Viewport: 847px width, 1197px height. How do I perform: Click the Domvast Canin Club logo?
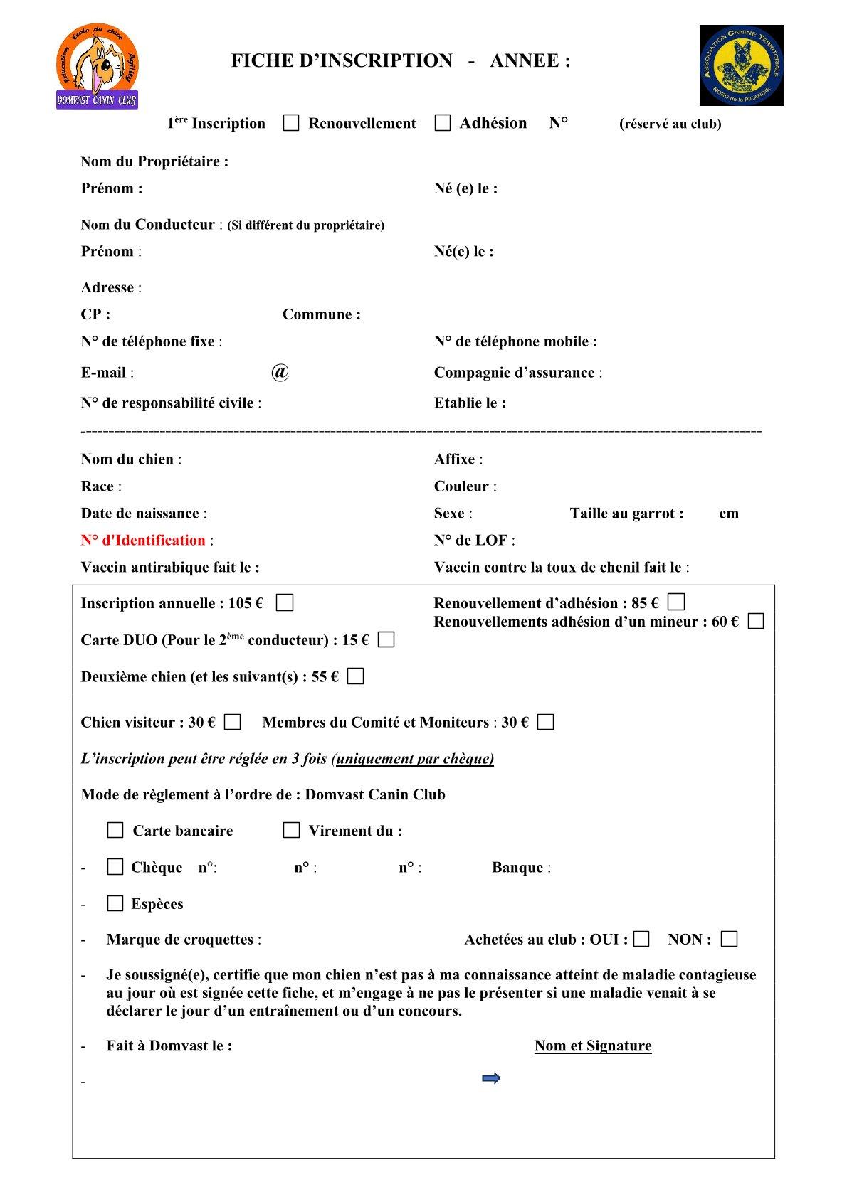pos(98,66)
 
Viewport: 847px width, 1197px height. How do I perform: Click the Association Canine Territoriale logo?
pos(741,65)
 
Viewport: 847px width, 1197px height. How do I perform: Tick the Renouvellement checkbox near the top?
pos(291,123)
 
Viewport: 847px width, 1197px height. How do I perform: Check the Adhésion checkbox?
pos(443,123)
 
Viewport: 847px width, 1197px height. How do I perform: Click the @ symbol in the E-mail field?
pos(280,372)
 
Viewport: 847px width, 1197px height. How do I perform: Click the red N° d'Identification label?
pos(143,541)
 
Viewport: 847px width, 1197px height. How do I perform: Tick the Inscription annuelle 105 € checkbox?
pos(285,603)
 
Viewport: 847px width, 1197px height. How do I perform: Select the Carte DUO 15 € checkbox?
pos(386,639)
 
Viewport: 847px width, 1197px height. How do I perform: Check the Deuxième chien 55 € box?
pos(355,676)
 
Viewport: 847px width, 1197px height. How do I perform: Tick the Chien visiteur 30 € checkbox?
pos(232,723)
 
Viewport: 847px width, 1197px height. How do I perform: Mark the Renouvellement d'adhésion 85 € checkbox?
pos(676,602)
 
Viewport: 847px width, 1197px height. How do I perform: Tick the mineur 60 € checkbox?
pos(756,621)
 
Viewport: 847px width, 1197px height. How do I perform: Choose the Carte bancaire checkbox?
pos(115,830)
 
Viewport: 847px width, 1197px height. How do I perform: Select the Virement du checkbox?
pos(291,830)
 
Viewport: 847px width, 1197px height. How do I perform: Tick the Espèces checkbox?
pos(115,903)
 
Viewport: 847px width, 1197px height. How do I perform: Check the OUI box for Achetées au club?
pos(641,939)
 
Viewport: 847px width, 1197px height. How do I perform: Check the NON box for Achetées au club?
pos(729,939)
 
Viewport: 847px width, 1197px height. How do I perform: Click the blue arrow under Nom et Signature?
pos(491,1078)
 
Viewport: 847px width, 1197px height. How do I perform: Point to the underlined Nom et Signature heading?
pos(593,1046)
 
